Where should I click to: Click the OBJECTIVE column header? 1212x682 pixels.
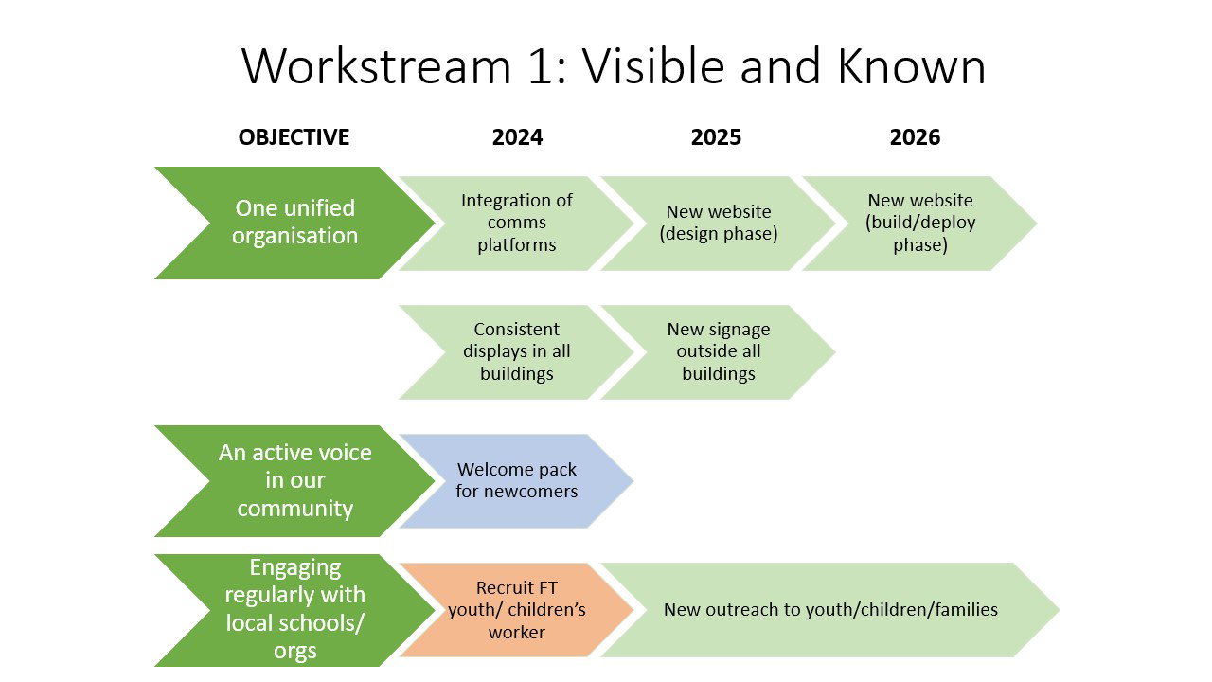[294, 137]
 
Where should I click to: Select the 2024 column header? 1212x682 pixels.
[517, 137]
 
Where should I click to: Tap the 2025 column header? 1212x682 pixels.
[716, 137]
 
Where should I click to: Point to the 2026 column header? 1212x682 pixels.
[915, 137]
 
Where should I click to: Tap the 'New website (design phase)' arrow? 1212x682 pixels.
[720, 223]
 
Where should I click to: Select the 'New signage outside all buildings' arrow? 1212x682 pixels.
[720, 352]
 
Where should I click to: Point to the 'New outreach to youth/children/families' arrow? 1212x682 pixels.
[831, 610]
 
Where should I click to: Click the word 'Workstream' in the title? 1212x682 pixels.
[376, 66]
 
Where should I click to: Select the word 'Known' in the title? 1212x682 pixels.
[911, 66]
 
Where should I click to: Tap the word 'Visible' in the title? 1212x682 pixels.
[653, 66]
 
